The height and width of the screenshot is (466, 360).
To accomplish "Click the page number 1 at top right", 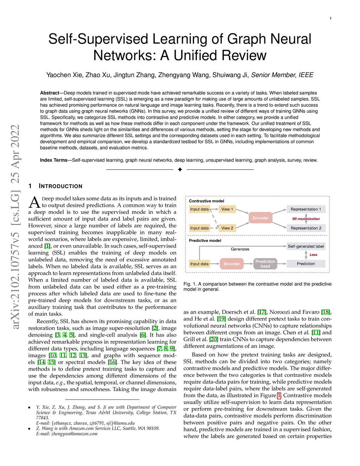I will coord(330,18).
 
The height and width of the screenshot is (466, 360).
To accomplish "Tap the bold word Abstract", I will coord(50,93).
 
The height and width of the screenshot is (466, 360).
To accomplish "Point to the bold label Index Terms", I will coord(53,160).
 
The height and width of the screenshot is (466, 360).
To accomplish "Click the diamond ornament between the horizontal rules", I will coord(180,170).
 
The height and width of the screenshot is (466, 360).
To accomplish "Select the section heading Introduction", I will coord(60,186).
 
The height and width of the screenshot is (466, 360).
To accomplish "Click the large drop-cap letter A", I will coord(34,202).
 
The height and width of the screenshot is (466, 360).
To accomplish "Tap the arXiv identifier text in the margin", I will coord(15,226).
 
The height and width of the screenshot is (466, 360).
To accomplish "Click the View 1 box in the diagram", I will coord(227,209).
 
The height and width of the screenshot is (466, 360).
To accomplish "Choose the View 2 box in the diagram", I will coord(227,228).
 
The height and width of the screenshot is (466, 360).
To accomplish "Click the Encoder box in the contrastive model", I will coord(260,218).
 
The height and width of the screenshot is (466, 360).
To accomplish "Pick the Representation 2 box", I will coord(306,228).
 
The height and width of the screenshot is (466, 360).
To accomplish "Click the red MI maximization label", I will coord(306,219).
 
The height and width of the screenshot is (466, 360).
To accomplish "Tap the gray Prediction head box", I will coord(265,264).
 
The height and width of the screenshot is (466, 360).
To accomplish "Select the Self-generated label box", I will coord(306,246).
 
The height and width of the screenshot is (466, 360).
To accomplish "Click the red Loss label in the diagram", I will coord(313,255).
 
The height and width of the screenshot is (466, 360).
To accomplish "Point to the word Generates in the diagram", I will coord(240,249).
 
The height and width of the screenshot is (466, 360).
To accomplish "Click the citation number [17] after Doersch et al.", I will coord(262,312).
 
